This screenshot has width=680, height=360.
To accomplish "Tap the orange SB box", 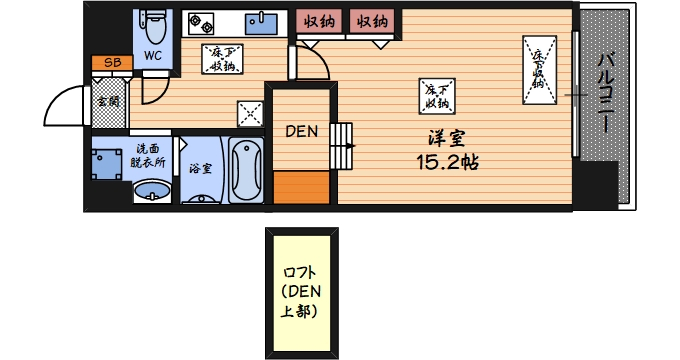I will coord(112,63).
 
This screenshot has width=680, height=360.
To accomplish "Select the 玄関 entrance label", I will coord(107,100).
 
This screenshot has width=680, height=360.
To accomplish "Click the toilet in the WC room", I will coord(152,22).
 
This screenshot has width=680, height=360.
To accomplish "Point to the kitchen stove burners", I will coord(204,22).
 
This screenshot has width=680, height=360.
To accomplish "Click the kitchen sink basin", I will coord(265,21).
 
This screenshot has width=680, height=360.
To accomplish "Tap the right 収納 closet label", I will coord(372,21).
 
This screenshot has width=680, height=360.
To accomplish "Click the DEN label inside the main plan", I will coord(301,130).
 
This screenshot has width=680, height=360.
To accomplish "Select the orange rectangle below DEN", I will coord(301,187).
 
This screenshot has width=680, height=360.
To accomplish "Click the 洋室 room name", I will coord(445,139).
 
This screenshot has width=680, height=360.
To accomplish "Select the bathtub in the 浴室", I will coord(246,171).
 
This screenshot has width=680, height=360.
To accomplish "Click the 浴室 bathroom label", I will coord(200,168).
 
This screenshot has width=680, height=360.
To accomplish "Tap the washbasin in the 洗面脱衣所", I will coord(151,190).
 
